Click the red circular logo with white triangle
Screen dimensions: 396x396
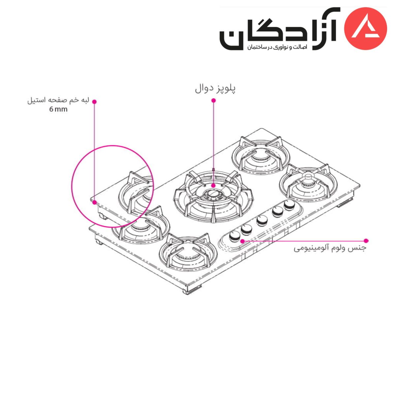(x=365, y=29)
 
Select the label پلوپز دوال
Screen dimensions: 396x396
(x=215, y=89)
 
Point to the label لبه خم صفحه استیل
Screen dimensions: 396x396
(x=58, y=101)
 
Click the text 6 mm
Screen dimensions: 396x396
(x=58, y=109)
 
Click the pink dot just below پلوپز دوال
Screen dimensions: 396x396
(x=214, y=101)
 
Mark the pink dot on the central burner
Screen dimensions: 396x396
(x=214, y=185)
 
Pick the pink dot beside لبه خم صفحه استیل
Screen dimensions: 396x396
(x=94, y=102)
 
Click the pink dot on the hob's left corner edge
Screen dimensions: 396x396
(x=94, y=202)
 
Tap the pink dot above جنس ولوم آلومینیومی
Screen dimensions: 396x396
(x=366, y=241)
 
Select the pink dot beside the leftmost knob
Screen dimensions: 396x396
(x=243, y=241)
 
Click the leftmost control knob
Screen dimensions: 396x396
(x=235, y=236)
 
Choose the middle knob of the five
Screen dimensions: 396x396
(x=262, y=221)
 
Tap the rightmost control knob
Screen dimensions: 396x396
(x=289, y=205)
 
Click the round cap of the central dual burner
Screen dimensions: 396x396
(x=214, y=194)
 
